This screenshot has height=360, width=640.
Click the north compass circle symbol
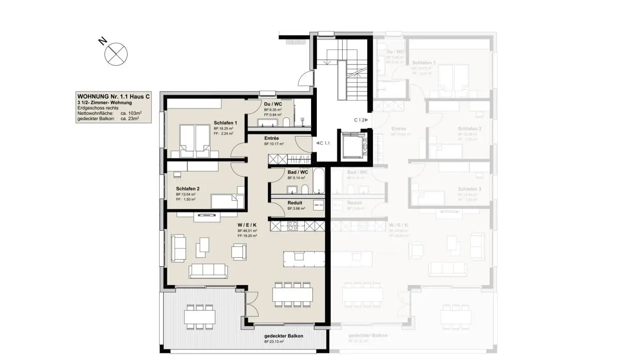click(x=116, y=54)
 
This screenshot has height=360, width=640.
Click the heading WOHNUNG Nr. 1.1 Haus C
click(x=113, y=96)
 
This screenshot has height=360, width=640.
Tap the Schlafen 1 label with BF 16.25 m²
click(x=225, y=123)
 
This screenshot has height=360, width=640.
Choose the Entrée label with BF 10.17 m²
click(x=272, y=138)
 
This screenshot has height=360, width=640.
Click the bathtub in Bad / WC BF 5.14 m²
click(x=319, y=180)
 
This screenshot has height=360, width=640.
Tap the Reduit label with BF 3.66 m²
click(x=295, y=203)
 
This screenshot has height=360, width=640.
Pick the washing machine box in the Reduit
click(x=318, y=205)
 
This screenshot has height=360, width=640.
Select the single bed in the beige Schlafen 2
click(x=227, y=201)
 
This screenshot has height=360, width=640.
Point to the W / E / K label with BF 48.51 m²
click(x=247, y=225)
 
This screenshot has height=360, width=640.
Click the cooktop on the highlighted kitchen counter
click(x=293, y=226)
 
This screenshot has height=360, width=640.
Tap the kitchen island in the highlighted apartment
click(x=304, y=258)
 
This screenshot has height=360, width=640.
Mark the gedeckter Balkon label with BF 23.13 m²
click(x=284, y=336)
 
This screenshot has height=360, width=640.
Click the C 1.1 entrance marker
click(x=323, y=143)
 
